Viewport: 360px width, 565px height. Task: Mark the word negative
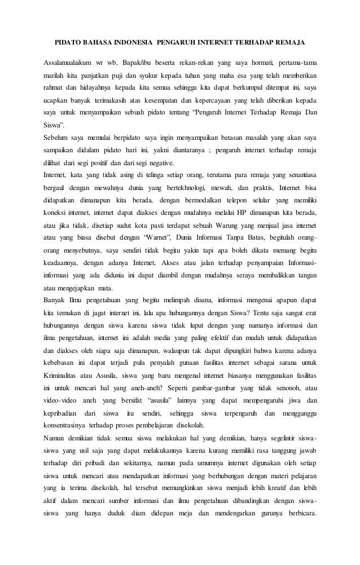click(x=175, y=162)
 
